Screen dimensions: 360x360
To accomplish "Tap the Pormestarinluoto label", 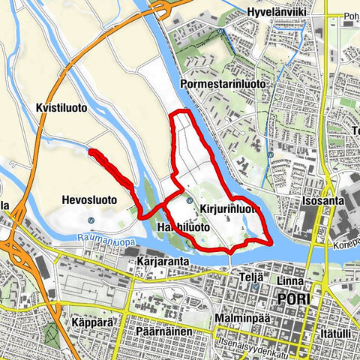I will [223, 85].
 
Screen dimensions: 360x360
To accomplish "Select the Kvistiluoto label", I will [61, 108].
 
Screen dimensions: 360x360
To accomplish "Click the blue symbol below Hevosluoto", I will [91, 220].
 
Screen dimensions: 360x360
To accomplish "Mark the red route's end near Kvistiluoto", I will [91, 151].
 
